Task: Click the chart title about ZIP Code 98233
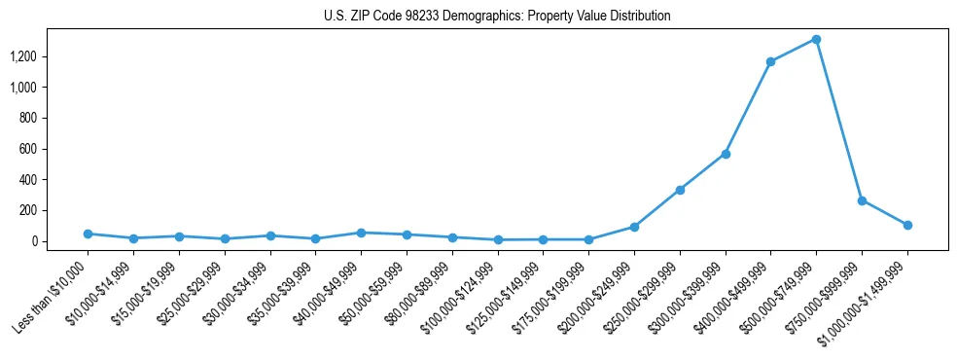pyautogui.click(x=497, y=17)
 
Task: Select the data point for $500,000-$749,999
pyautogui.click(x=816, y=40)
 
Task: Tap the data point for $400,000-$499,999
pyautogui.click(x=770, y=62)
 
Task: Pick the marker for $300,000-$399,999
pyautogui.click(x=725, y=154)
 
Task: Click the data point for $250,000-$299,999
pyautogui.click(x=680, y=190)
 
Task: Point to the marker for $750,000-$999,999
pyautogui.click(x=862, y=200)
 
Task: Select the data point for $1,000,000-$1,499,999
pyautogui.click(x=907, y=225)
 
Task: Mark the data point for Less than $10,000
pyautogui.click(x=88, y=234)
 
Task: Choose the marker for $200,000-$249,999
pyautogui.click(x=634, y=227)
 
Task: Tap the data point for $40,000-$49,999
pyautogui.click(x=361, y=233)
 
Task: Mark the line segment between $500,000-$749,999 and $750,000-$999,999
pyautogui.click(x=838, y=120)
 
